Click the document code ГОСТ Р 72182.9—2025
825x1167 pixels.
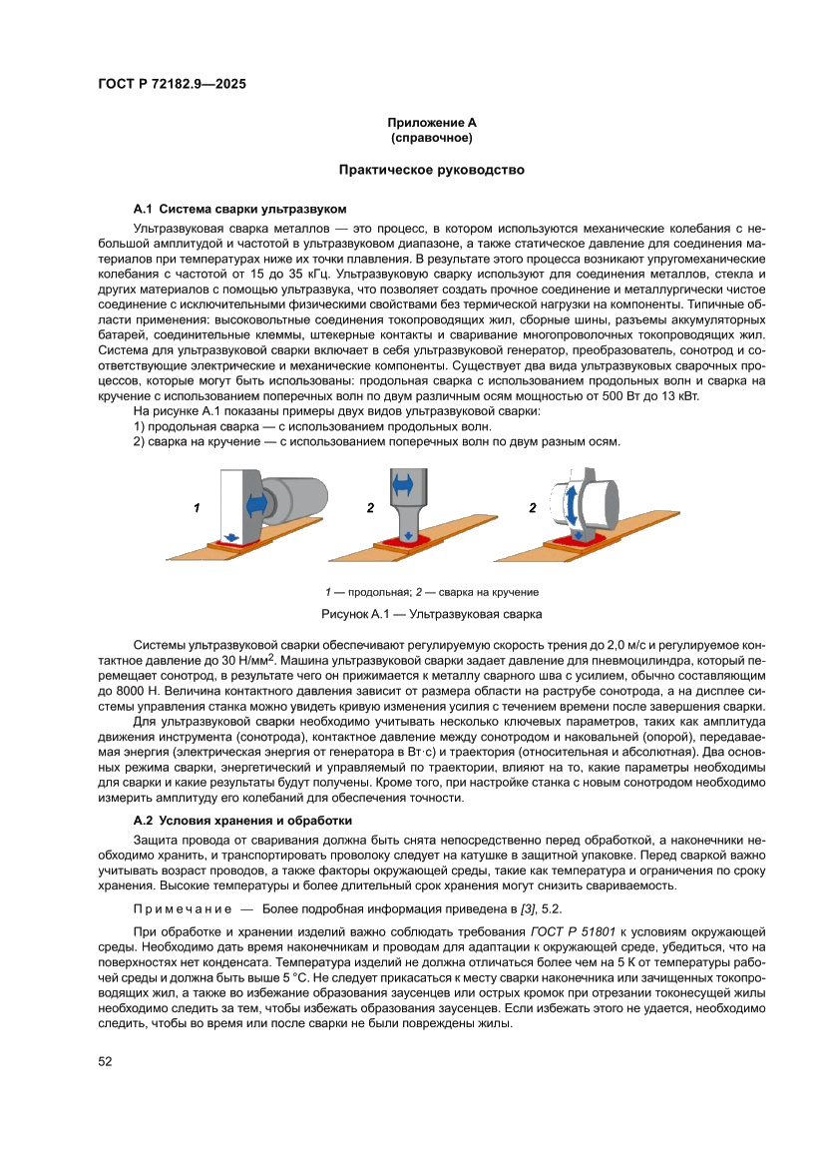(x=172, y=84)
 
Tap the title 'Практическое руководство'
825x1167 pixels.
(x=431, y=171)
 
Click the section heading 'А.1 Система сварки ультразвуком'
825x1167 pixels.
(x=239, y=210)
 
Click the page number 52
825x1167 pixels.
(x=105, y=1061)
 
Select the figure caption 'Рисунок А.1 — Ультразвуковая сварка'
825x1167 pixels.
(x=431, y=613)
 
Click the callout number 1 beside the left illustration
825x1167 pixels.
(x=198, y=508)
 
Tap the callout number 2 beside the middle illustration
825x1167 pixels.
(x=370, y=508)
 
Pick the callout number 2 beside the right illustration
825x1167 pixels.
(x=533, y=508)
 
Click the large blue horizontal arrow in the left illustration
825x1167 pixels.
(x=258, y=496)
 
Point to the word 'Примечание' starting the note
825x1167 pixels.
(x=179, y=909)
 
